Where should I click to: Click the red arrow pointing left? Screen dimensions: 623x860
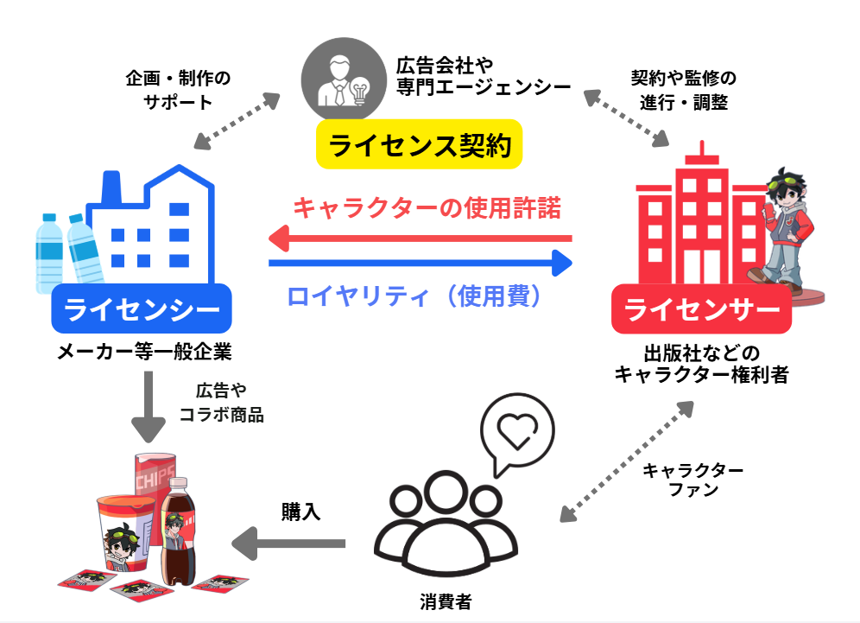click(420, 237)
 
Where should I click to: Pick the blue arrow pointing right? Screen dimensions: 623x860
click(420, 262)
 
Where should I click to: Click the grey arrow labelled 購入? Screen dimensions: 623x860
click(288, 543)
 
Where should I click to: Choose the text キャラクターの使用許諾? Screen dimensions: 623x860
click(427, 208)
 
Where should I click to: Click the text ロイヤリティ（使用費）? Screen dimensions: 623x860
click(418, 296)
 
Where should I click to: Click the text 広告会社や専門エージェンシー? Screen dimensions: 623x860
click(483, 76)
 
